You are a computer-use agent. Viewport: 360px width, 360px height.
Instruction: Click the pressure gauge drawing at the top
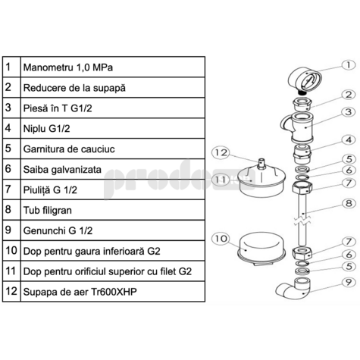[x=305, y=81]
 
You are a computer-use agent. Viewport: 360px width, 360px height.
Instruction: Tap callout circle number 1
[x=349, y=65]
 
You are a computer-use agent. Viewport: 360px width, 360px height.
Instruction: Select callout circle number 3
[x=349, y=111]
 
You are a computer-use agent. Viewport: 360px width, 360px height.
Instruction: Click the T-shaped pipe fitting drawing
[x=298, y=127]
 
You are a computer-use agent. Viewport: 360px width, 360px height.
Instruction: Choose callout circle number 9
[x=349, y=282]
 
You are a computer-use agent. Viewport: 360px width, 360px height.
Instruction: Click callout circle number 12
[x=221, y=152]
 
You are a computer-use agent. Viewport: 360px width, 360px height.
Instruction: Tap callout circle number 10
[x=221, y=239]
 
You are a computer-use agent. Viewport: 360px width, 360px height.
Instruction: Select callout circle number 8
[x=349, y=203]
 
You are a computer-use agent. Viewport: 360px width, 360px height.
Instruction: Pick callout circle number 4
[x=349, y=139]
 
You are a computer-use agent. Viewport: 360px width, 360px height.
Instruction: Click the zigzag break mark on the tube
[x=302, y=220]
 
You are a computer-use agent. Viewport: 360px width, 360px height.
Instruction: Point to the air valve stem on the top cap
[x=262, y=164]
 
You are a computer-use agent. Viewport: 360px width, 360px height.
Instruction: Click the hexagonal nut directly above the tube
[x=302, y=187]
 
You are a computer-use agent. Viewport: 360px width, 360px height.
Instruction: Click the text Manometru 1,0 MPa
[x=68, y=67]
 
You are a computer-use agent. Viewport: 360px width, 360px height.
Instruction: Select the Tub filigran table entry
[x=48, y=210]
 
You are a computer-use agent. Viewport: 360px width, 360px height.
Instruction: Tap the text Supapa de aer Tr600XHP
[x=80, y=292]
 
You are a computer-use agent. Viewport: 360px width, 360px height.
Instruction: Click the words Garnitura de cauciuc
[x=69, y=149]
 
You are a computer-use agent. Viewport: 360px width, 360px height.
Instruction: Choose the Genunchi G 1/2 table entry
[x=58, y=230]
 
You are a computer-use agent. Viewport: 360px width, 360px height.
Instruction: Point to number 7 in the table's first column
[x=8, y=189]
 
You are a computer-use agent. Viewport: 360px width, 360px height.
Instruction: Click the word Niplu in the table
[x=34, y=129]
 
